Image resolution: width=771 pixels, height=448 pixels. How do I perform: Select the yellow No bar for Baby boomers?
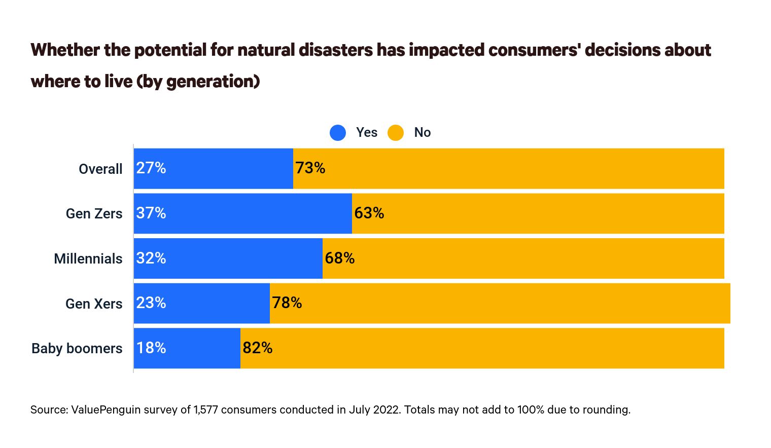click(x=482, y=348)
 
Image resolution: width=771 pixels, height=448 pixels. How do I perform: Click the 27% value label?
click(x=151, y=168)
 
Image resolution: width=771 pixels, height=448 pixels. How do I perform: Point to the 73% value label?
click(x=310, y=168)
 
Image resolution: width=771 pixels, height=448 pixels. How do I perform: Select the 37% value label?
click(x=151, y=213)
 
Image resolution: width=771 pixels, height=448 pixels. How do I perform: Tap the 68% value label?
click(x=340, y=258)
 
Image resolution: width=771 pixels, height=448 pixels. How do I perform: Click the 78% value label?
click(x=287, y=303)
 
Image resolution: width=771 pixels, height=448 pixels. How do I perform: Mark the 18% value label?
click(x=151, y=348)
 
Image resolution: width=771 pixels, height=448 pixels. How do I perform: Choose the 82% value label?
click(x=258, y=348)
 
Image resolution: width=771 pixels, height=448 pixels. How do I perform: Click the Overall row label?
click(x=100, y=169)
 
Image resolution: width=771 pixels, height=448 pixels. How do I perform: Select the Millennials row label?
click(x=88, y=259)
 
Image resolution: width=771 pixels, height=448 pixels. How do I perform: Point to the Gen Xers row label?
click(x=94, y=304)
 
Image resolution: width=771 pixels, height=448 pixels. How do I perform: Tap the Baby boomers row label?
click(x=77, y=349)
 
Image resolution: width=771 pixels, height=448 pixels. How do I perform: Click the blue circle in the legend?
click(x=338, y=133)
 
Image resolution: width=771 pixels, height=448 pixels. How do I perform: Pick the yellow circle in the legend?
click(x=396, y=133)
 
